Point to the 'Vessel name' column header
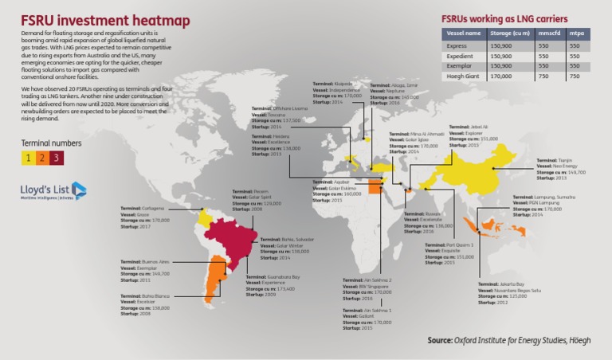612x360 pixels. (x=462, y=33)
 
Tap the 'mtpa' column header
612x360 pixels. (x=576, y=33)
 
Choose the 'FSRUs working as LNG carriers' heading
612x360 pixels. (x=504, y=17)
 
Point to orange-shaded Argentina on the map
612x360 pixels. (x=213, y=279)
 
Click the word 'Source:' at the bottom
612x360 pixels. (x=440, y=340)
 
